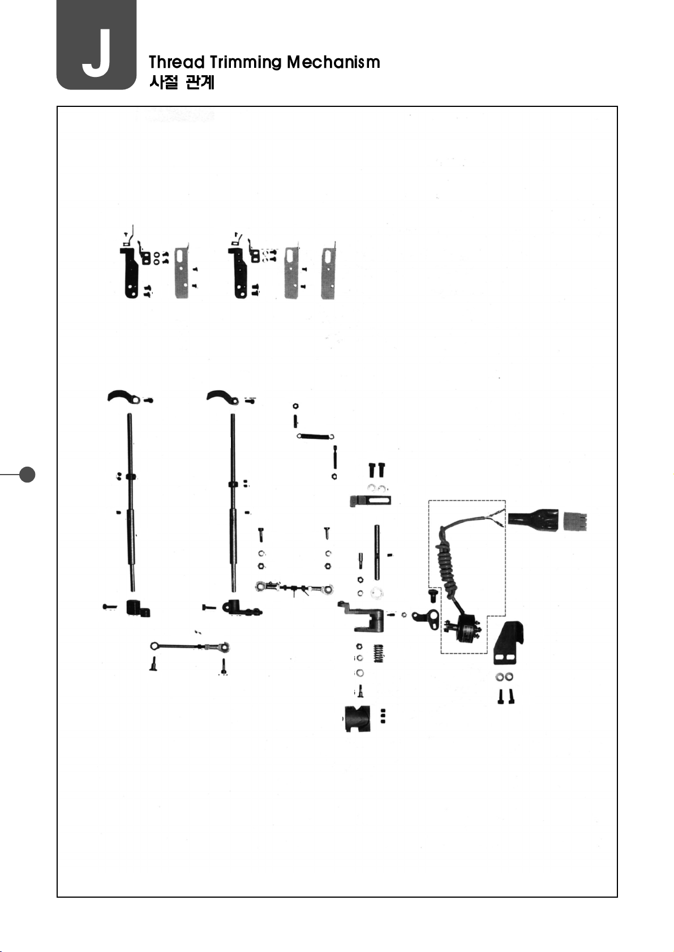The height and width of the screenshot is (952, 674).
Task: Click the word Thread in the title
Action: tap(176, 62)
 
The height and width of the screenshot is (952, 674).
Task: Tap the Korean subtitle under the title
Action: tap(182, 83)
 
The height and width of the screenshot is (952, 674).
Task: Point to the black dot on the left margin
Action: tap(27, 474)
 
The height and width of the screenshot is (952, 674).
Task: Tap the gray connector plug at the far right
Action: tap(575, 521)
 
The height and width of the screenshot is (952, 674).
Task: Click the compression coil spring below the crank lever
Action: tap(379, 654)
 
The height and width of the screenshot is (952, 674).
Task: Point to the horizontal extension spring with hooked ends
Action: tap(315, 436)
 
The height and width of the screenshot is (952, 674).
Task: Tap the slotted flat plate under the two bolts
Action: tap(371, 501)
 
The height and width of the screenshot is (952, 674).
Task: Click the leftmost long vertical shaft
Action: tap(131, 501)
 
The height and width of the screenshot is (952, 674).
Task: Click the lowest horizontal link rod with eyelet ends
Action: tap(189, 646)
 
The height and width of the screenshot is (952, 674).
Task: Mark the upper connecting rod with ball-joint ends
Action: tap(294, 588)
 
